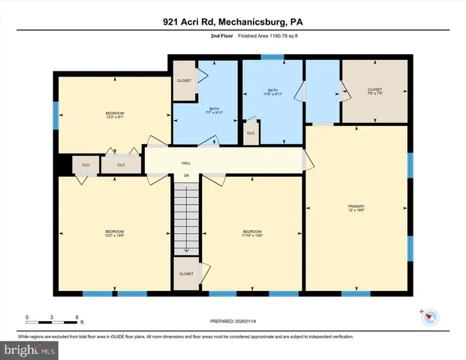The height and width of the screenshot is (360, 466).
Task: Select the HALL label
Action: pos(185,163)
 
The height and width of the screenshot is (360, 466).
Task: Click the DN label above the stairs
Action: pos(186,177)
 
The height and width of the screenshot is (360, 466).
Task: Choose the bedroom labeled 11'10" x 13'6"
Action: pos(252,232)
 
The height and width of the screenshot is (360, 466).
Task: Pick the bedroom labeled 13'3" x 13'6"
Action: pos(114,232)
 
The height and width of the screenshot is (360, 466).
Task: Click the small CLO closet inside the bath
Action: pos(251,133)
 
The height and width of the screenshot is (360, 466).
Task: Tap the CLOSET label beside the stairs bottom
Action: pos(185,274)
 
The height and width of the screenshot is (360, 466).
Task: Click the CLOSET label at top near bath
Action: pos(184,80)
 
